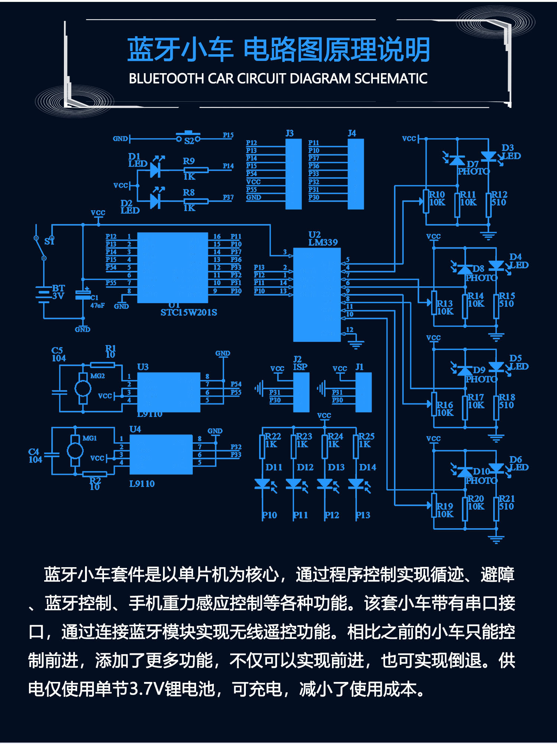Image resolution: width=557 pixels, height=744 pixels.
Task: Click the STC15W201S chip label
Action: [x=189, y=312]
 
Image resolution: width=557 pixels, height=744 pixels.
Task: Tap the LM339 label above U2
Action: [x=323, y=243]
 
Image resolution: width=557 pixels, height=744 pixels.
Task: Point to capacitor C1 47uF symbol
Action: [x=83, y=295]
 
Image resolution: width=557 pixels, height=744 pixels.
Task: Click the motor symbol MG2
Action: [x=83, y=389]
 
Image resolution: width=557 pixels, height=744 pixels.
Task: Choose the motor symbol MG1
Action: [x=75, y=451]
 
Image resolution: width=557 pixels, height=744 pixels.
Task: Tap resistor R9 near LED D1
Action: [x=196, y=170]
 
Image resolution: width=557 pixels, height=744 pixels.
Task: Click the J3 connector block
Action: [x=293, y=174]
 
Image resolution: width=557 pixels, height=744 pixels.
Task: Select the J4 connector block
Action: [x=355, y=174]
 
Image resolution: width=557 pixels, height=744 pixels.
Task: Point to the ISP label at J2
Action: [x=300, y=367]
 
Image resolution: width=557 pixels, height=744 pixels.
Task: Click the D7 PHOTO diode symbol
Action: [x=457, y=160]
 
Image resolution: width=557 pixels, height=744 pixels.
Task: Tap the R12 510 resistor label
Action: [x=499, y=198]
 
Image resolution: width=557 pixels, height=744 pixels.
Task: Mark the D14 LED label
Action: [x=367, y=467]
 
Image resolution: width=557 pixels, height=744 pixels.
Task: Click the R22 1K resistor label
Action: [x=273, y=440]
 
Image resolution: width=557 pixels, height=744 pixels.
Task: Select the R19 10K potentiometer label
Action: [x=445, y=510]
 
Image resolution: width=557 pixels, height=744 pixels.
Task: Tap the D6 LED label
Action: [x=518, y=464]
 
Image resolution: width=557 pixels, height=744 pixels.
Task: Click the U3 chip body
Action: [x=169, y=392]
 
